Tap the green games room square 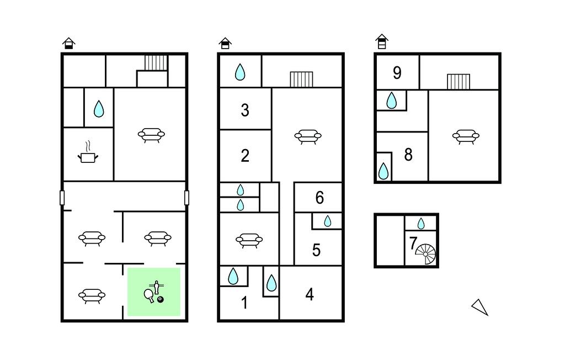pyautogui.click(x=154, y=292)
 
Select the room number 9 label pyautogui.click(x=397, y=73)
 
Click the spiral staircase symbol pyautogui.click(x=425, y=254)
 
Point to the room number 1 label pyautogui.click(x=244, y=303)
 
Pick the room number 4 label pyautogui.click(x=310, y=295)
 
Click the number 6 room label pyautogui.click(x=319, y=198)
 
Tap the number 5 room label pyautogui.click(x=316, y=250)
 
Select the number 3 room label pyautogui.click(x=245, y=110)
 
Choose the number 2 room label pyautogui.click(x=245, y=156)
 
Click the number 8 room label pyautogui.click(x=408, y=155)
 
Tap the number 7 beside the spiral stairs pyautogui.click(x=413, y=243)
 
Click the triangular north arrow pyautogui.click(x=480, y=308)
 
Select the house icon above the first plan pyautogui.click(x=68, y=43)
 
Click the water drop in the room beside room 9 pyautogui.click(x=391, y=100)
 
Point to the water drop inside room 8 pyautogui.click(x=383, y=171)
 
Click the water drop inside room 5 pyautogui.click(x=328, y=221)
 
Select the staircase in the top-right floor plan pyautogui.click(x=459, y=82)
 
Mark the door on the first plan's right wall pyautogui.click(x=186, y=198)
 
